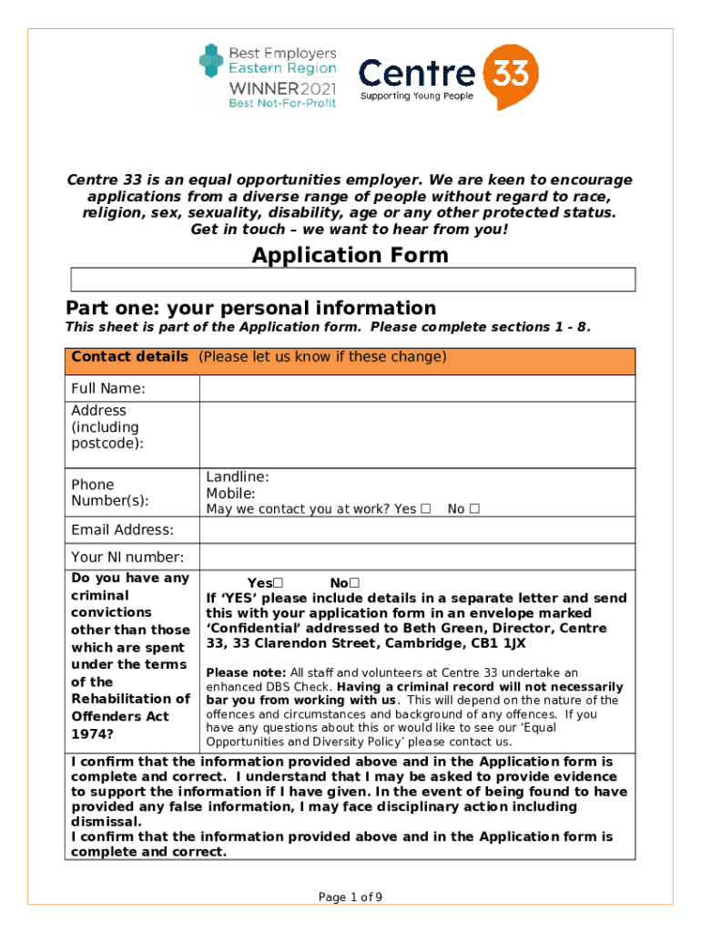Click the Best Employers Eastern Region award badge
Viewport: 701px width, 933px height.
tap(268, 77)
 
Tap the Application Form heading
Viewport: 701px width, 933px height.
tap(350, 255)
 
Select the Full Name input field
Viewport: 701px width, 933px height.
tap(417, 389)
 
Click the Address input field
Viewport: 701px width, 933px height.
tap(417, 435)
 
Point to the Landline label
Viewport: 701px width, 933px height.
tap(238, 477)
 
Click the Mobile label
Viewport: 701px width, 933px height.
tap(230, 493)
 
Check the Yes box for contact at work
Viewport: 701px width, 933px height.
tap(426, 509)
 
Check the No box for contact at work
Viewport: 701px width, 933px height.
tap(475, 509)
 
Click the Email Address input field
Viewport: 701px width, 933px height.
tap(417, 530)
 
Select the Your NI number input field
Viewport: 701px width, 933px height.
tap(417, 557)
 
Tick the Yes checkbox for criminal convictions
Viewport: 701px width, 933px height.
tap(279, 583)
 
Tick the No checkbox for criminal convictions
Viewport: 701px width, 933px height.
tap(355, 583)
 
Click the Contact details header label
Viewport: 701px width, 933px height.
tap(129, 357)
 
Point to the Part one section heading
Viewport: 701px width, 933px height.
tap(250, 308)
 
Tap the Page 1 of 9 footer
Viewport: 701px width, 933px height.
tap(350, 897)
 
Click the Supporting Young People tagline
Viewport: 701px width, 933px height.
tap(417, 97)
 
